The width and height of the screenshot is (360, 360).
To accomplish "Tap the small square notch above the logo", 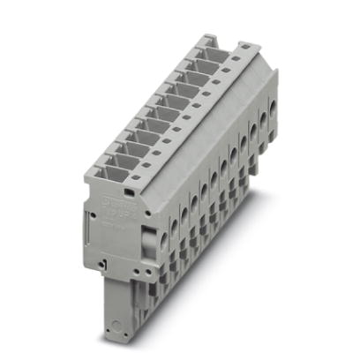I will (128, 188).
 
